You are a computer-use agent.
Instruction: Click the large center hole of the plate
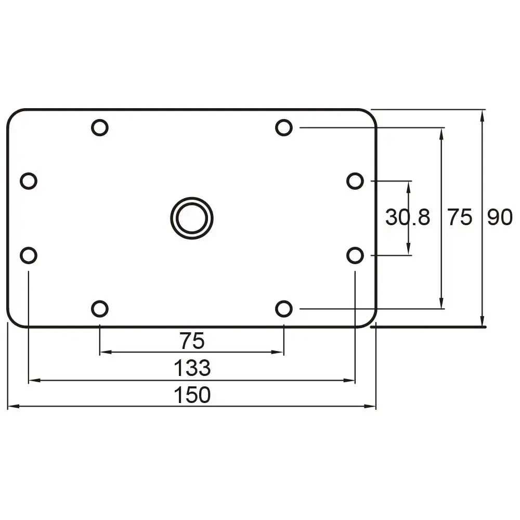point(192,218)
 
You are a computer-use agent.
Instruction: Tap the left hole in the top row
point(99,127)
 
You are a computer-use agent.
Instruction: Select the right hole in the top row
point(283,127)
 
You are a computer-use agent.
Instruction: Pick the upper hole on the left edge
point(29,181)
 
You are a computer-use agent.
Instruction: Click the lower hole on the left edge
point(29,255)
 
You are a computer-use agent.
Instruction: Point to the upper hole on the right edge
point(355,181)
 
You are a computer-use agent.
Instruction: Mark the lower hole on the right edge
point(355,255)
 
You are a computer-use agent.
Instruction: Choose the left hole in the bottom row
point(99,309)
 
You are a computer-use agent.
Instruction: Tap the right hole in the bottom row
point(283,309)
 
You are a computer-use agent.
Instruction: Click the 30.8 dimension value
point(408,217)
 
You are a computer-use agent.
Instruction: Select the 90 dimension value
point(500,217)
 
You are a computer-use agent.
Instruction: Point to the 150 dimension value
point(192,395)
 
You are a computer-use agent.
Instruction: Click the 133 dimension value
point(192,368)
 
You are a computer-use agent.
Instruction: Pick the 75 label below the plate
point(192,341)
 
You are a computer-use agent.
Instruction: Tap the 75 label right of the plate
point(460,217)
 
